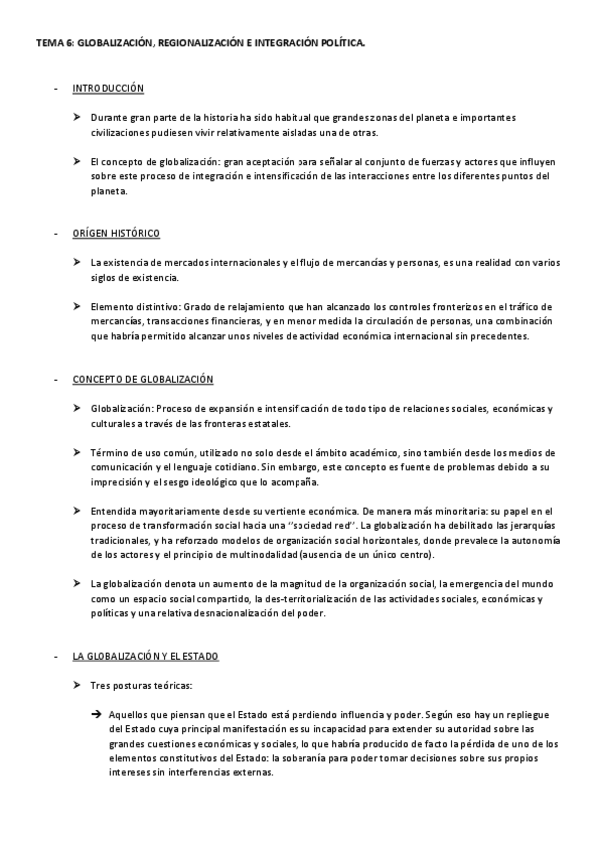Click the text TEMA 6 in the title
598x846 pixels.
coord(52,43)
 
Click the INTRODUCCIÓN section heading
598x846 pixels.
coord(108,89)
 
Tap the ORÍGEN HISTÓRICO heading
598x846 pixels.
coord(116,233)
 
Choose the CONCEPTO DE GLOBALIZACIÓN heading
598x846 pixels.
coord(142,380)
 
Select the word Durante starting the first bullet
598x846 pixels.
coord(108,118)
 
